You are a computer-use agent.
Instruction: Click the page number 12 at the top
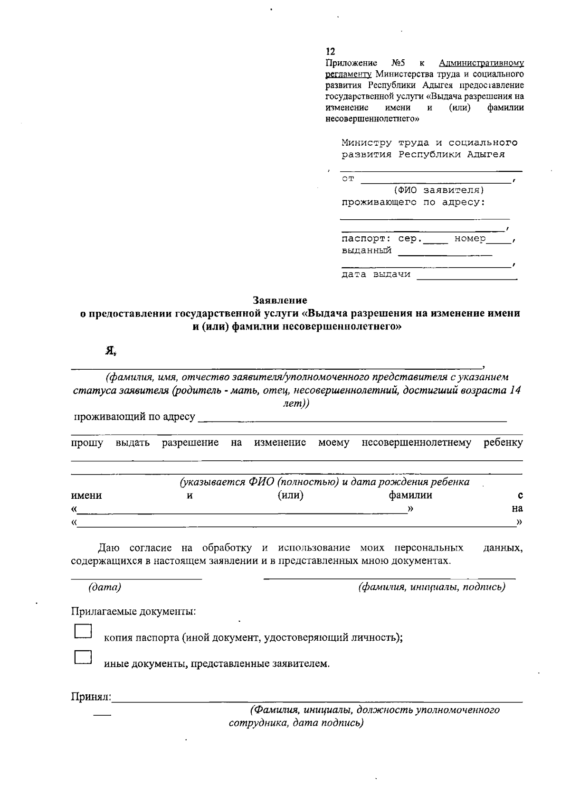point(330,52)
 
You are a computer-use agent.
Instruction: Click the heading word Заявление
point(280,300)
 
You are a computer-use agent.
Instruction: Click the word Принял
point(91,697)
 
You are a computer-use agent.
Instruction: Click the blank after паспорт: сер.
point(436,240)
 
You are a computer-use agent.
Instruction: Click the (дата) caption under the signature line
point(104,587)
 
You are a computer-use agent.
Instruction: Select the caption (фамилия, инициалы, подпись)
point(431,587)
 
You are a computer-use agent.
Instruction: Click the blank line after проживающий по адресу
point(351,418)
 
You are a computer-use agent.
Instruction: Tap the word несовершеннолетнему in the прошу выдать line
point(416,443)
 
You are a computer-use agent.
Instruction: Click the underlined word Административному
point(481,63)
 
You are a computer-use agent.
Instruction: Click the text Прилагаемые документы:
point(133,611)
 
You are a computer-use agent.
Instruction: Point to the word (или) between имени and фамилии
point(290,495)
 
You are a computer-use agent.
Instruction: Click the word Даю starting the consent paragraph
point(108,548)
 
